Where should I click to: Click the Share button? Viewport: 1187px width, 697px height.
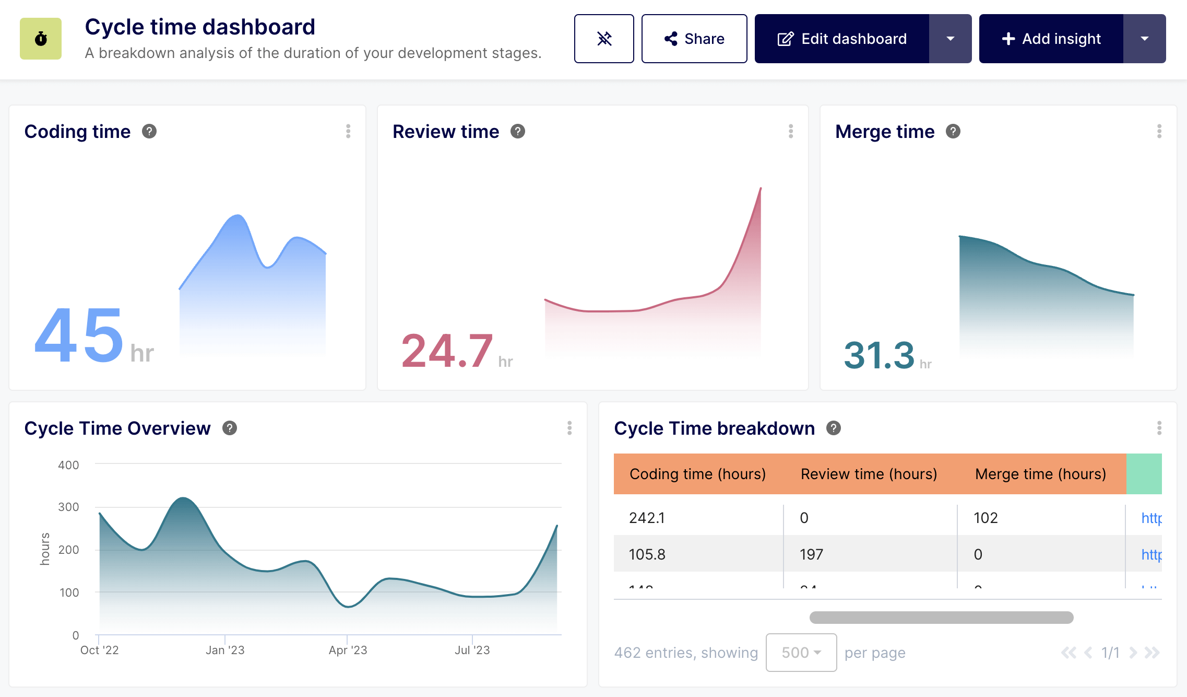click(694, 39)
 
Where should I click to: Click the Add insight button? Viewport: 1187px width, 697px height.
click(1051, 39)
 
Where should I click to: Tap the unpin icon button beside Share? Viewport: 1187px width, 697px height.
click(604, 39)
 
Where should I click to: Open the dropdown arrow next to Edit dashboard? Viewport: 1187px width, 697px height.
click(950, 39)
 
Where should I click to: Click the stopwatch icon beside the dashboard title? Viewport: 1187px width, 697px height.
click(41, 39)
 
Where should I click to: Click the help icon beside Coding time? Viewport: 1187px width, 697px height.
click(149, 132)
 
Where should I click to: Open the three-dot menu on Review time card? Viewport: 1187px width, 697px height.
click(791, 132)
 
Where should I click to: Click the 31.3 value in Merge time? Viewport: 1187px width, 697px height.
click(879, 355)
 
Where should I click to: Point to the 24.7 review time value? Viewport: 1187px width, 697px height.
click(447, 351)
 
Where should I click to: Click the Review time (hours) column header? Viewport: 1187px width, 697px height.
click(869, 474)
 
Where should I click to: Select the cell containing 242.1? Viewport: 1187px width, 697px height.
click(647, 518)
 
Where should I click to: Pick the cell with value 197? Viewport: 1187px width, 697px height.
click(811, 554)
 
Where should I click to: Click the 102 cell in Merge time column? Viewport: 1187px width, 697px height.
click(986, 518)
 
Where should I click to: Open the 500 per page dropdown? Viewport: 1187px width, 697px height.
click(801, 653)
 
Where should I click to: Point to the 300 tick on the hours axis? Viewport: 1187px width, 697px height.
click(68, 507)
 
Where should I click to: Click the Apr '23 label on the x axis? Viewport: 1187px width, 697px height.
click(348, 650)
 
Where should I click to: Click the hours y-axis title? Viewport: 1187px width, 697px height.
click(45, 549)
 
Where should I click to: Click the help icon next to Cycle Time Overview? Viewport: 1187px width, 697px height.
click(230, 428)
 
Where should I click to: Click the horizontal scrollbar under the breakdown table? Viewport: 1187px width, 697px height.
click(941, 618)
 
